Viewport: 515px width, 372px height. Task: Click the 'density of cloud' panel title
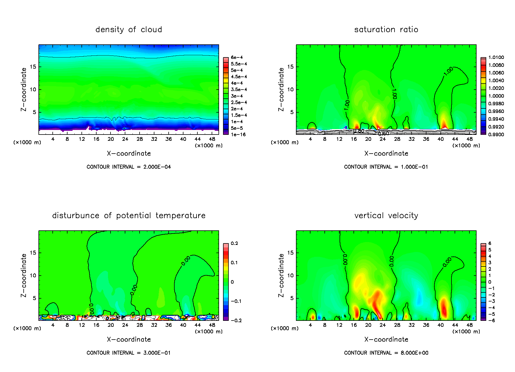[x=128, y=30]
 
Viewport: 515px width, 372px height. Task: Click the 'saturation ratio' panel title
[x=386, y=30]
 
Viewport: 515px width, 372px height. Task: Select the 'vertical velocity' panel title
[x=386, y=216]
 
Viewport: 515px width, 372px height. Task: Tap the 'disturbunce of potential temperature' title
[x=128, y=216]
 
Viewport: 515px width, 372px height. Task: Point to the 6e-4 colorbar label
[x=237, y=57]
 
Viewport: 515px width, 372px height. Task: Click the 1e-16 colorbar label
[x=238, y=135]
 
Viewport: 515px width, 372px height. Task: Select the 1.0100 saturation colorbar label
[x=496, y=57]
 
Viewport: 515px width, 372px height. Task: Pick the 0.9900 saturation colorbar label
[x=496, y=135]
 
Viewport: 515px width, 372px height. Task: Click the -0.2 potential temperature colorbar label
[x=236, y=321]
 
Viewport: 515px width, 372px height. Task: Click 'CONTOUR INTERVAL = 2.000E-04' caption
[x=128, y=167]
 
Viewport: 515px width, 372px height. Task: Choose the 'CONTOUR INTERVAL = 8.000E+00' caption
[x=386, y=353]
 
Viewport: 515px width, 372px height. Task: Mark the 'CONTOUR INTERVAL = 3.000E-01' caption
[x=128, y=353]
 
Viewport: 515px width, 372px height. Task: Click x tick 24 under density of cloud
[x=125, y=139]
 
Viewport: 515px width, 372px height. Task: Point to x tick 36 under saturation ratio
[x=426, y=139]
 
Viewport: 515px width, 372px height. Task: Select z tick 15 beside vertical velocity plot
[x=290, y=253]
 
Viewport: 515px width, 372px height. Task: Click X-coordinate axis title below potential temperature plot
[x=128, y=339]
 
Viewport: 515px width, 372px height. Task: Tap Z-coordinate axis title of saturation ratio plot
[x=281, y=89]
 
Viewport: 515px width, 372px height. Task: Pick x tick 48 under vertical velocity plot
[x=469, y=325]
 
